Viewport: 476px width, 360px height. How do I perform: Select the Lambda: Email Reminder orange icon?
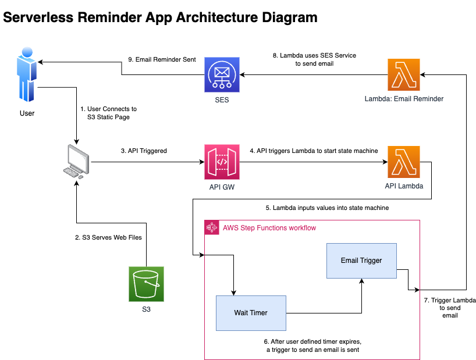pyautogui.click(x=404, y=75)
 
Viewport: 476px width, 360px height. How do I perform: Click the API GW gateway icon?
pyautogui.click(x=222, y=162)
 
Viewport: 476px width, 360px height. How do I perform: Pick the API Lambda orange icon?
pyautogui.click(x=404, y=162)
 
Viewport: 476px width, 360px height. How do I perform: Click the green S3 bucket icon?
pyautogui.click(x=146, y=284)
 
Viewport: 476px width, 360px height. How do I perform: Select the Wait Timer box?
pyautogui.click(x=251, y=313)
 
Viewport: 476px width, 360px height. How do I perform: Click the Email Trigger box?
pyautogui.click(x=361, y=261)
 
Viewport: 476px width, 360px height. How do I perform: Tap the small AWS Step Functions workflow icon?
pyautogui.click(x=212, y=228)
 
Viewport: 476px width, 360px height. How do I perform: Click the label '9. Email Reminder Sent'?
pyautogui.click(x=162, y=59)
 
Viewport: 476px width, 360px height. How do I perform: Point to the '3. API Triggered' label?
pyautogui.click(x=144, y=151)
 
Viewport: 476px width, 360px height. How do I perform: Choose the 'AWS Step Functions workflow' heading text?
pyautogui.click(x=269, y=228)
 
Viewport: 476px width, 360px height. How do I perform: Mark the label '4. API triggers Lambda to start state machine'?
pyautogui.click(x=314, y=151)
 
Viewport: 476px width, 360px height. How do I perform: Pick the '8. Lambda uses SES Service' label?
pyautogui.click(x=314, y=55)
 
